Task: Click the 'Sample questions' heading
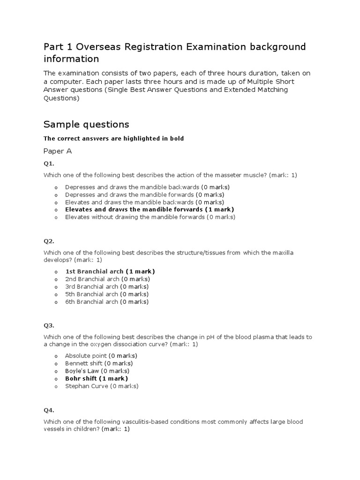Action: (x=86, y=124)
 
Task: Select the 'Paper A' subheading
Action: (x=58, y=151)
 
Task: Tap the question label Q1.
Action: (x=49, y=164)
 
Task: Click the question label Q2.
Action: (x=49, y=241)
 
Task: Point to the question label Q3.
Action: (x=49, y=325)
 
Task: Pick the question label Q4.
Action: (x=49, y=410)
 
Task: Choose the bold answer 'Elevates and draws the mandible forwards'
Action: (x=150, y=210)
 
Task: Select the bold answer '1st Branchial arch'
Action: (x=110, y=271)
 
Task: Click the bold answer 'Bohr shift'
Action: (x=96, y=378)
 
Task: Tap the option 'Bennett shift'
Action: (x=98, y=363)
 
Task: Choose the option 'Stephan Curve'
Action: (x=102, y=386)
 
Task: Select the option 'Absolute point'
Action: (x=100, y=356)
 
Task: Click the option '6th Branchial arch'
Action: (x=106, y=302)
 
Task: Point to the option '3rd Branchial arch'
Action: (x=106, y=286)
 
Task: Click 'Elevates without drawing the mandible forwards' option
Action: (x=150, y=217)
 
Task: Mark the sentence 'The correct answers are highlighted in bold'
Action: (x=113, y=138)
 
